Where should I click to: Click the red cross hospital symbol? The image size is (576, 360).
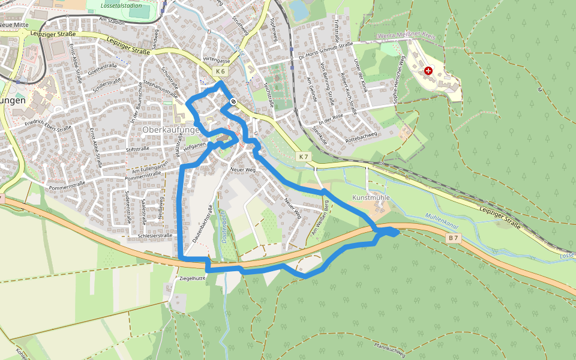[428, 71]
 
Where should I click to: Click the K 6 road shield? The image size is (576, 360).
[220, 72]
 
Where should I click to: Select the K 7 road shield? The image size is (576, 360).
[304, 157]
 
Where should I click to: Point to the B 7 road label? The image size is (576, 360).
[453, 238]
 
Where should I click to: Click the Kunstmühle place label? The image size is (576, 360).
[371, 197]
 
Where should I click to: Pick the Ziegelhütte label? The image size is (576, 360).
[193, 279]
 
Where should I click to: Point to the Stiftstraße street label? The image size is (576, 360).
[137, 148]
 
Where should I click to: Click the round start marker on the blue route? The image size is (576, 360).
[233, 101]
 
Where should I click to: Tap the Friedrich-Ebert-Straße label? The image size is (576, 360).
[49, 127]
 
